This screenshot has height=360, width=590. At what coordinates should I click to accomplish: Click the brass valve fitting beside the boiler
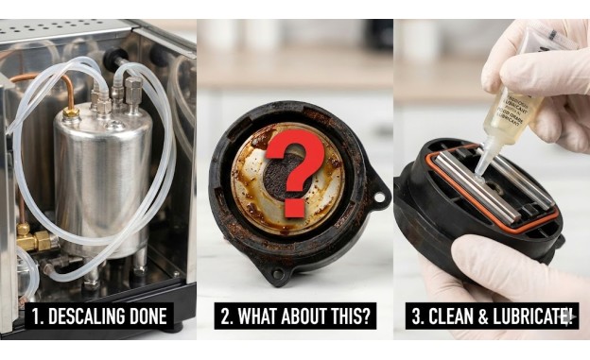[36, 241]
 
